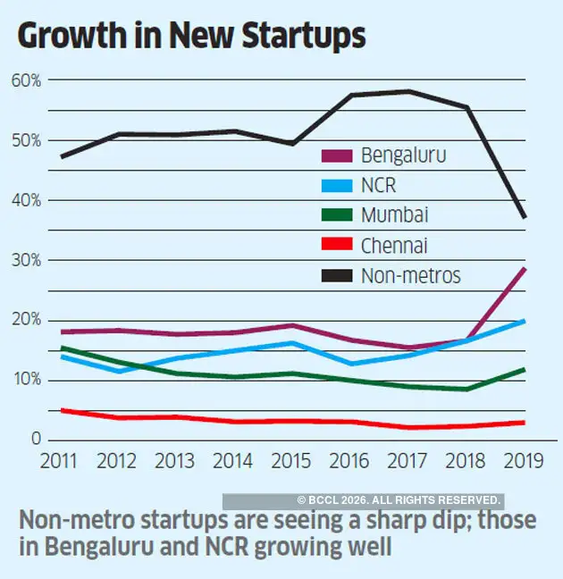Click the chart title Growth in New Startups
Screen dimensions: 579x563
[x=191, y=35]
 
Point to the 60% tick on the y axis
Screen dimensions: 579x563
[x=27, y=80]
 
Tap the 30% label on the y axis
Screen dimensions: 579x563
[x=27, y=260]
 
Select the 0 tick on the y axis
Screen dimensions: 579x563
[x=36, y=440]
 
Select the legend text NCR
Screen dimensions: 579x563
[x=379, y=186]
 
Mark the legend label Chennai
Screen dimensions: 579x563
[x=393, y=245]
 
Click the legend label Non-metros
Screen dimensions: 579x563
[x=411, y=275]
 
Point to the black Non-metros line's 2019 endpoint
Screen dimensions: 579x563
[x=525, y=217]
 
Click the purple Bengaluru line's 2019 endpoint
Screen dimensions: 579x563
[x=525, y=268]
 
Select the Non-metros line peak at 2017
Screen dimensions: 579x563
[x=408, y=91]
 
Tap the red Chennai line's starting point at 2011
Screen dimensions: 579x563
[x=60, y=410]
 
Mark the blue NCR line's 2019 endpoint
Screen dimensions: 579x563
[x=525, y=321]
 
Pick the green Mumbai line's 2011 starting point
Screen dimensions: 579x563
[x=60, y=348]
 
